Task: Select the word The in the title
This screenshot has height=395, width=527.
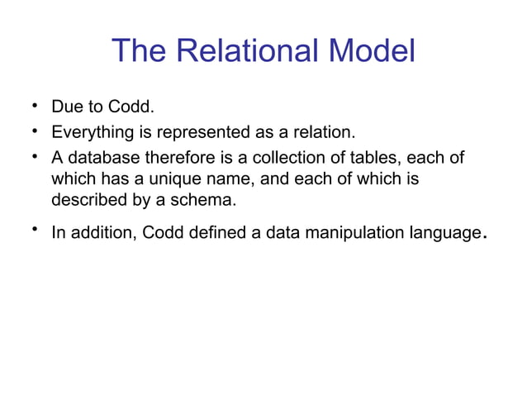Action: [137, 51]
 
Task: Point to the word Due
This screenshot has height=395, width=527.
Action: [67, 108]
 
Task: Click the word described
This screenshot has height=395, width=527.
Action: [87, 199]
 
